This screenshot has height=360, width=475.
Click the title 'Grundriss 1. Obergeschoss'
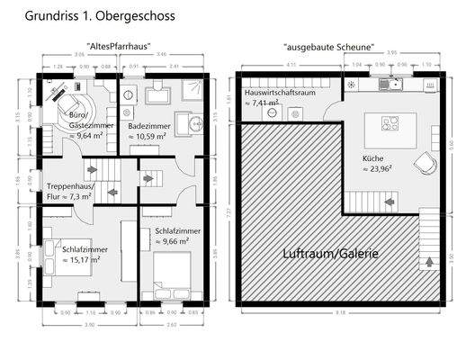[x=87, y=16]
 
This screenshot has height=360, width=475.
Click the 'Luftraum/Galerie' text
[x=331, y=254]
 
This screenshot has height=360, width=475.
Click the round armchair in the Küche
[x=423, y=162]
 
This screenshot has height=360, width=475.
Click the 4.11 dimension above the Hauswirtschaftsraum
[x=290, y=66]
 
